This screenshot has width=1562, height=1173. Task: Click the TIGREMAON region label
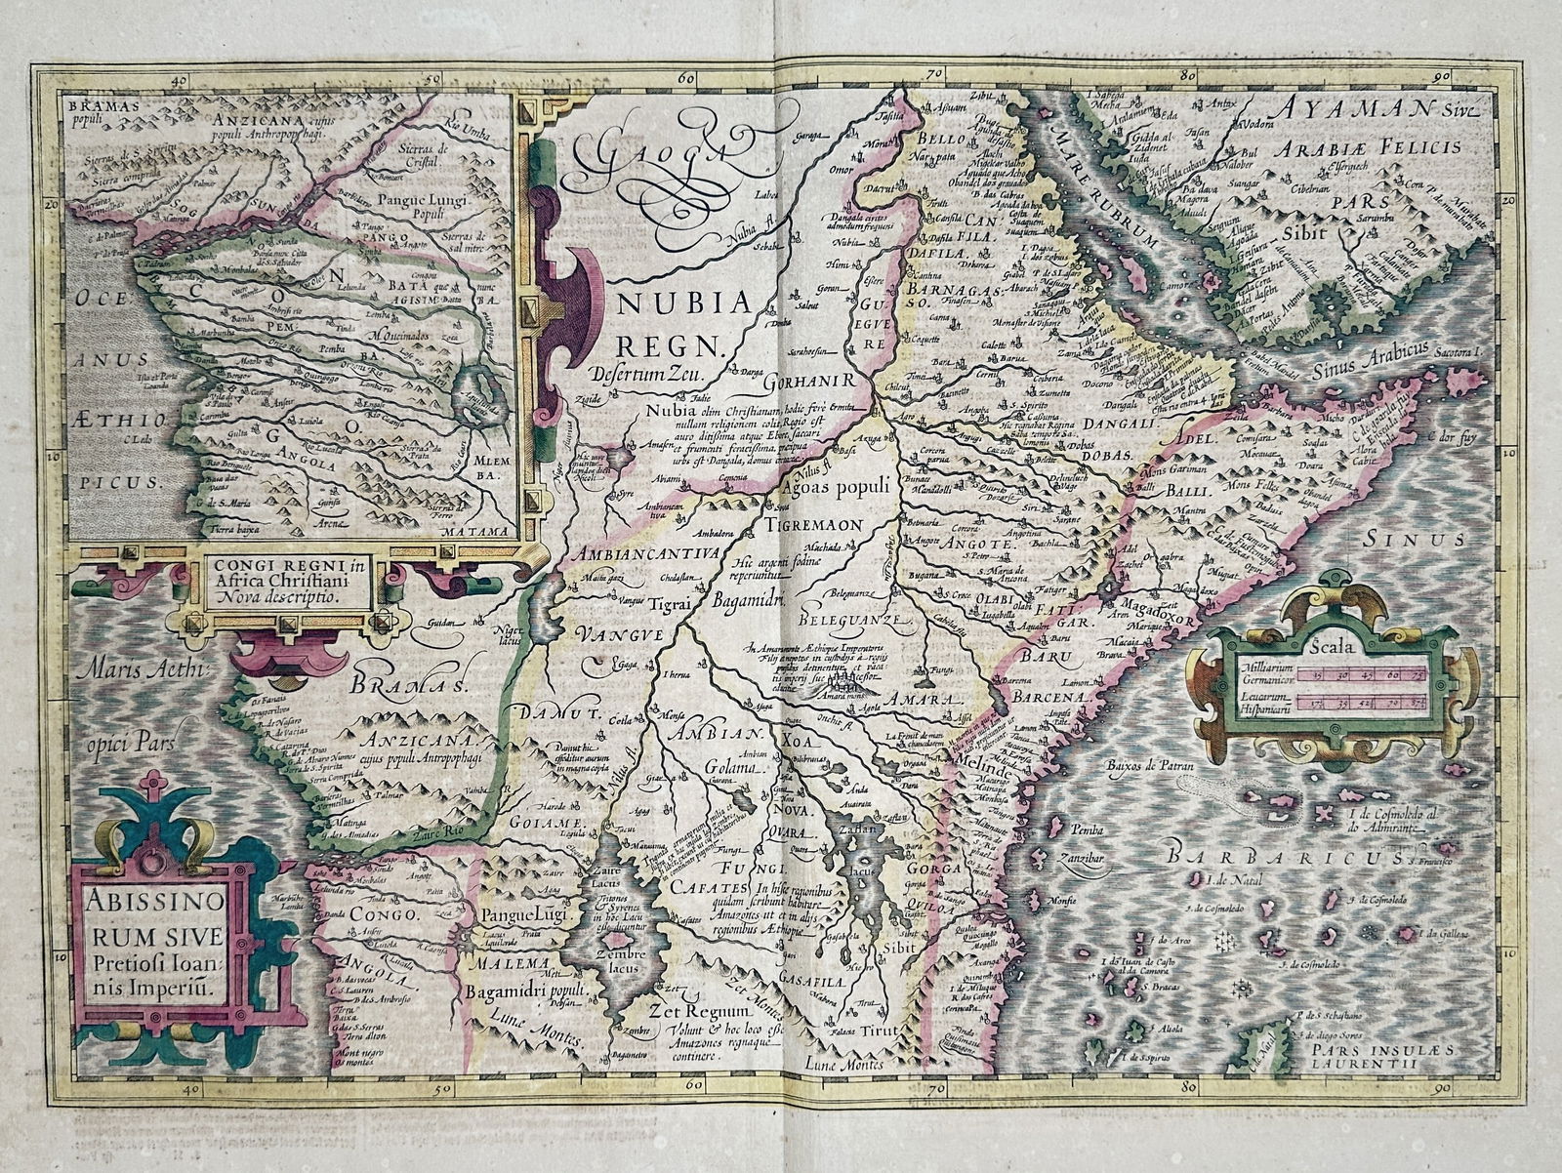pos(819,524)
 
